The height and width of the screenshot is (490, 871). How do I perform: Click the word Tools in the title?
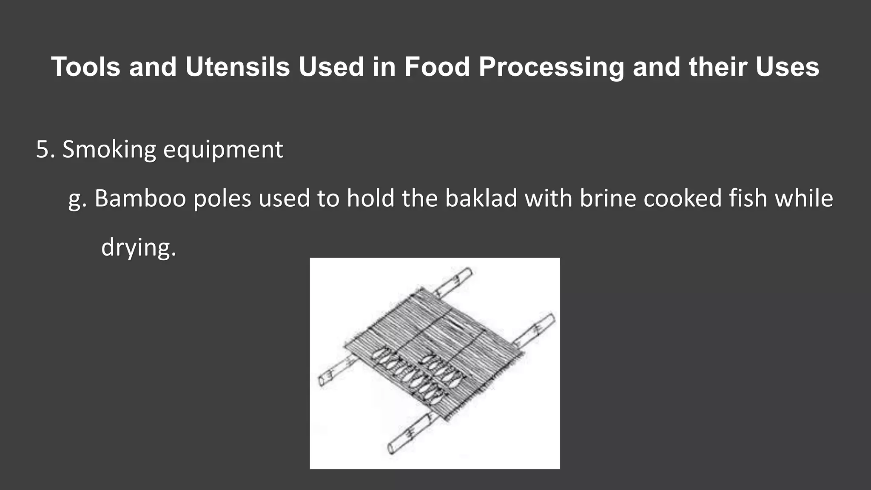85,67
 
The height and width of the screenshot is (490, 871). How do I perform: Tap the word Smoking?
109,150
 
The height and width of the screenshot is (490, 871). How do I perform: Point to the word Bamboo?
140,199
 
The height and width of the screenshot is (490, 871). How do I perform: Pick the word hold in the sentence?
371,199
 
